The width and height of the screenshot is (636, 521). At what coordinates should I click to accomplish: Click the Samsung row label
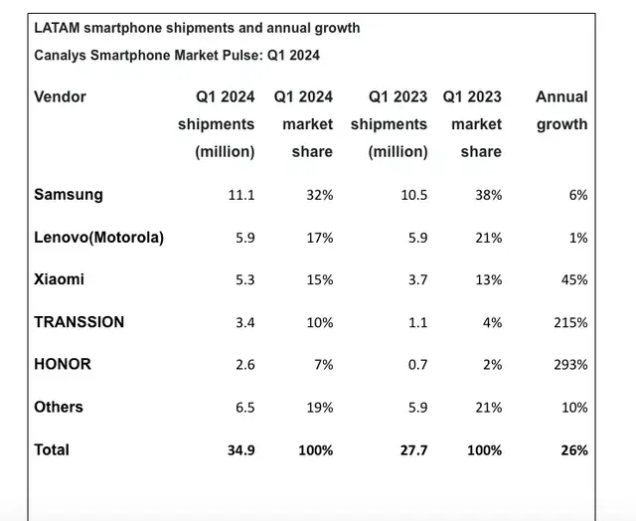pyautogui.click(x=68, y=194)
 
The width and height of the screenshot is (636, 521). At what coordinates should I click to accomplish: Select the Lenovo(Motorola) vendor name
pyautogui.click(x=98, y=237)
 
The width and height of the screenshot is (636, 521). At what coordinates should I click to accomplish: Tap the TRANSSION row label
pyautogui.click(x=79, y=321)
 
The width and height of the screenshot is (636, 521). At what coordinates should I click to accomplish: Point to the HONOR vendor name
pyautogui.click(x=63, y=364)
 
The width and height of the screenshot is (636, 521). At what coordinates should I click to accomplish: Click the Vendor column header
pyautogui.click(x=60, y=96)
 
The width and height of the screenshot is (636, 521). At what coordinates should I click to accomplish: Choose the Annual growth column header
pyautogui.click(x=561, y=110)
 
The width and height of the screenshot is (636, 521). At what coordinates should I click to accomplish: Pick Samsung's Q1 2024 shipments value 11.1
pyautogui.click(x=240, y=195)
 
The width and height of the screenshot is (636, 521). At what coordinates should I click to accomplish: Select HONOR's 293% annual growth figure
pyautogui.click(x=570, y=365)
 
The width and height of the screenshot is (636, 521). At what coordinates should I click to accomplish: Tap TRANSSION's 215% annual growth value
pyautogui.click(x=570, y=322)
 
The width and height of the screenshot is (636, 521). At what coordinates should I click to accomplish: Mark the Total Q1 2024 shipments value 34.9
pyautogui.click(x=240, y=449)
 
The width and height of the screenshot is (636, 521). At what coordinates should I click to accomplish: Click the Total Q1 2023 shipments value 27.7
pyautogui.click(x=412, y=449)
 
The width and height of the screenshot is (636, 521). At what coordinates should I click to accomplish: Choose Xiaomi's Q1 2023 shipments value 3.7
pyautogui.click(x=416, y=279)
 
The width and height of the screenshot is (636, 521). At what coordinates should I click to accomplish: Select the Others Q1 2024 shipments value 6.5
pyautogui.click(x=244, y=408)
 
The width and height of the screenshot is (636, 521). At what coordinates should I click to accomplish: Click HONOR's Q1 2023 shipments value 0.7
pyautogui.click(x=416, y=365)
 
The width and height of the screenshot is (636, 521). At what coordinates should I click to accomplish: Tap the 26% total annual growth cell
pyautogui.click(x=573, y=449)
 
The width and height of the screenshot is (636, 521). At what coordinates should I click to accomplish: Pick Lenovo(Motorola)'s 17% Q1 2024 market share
pyautogui.click(x=318, y=238)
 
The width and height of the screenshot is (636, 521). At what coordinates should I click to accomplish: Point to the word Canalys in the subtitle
pyautogui.click(x=61, y=55)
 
